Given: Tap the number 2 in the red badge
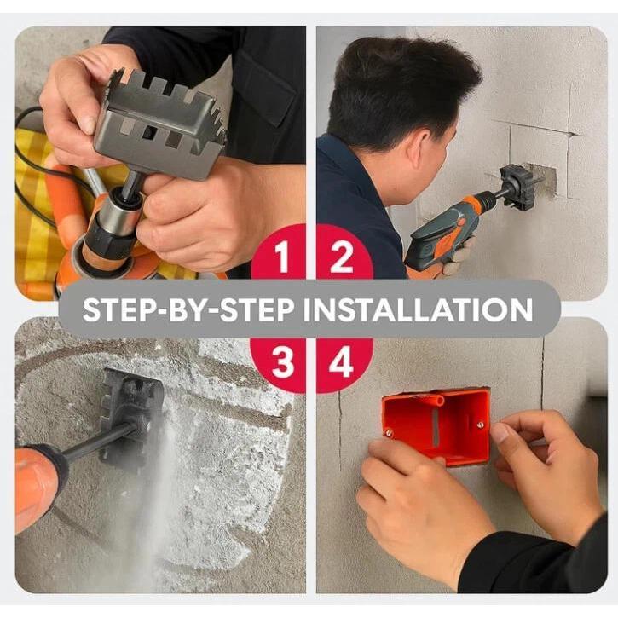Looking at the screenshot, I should (342, 257).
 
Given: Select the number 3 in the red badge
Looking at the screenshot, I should (283, 363).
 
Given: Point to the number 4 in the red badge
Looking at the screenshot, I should (342, 363).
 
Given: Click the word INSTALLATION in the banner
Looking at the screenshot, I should (418, 309).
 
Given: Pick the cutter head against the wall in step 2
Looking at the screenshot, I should (517, 186).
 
